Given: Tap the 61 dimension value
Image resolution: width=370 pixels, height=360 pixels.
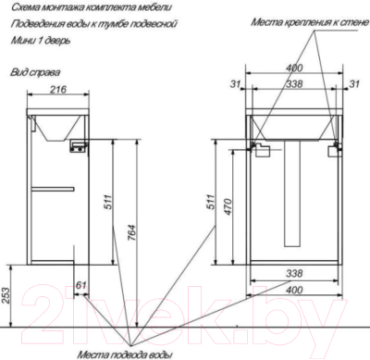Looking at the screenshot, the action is [81, 284].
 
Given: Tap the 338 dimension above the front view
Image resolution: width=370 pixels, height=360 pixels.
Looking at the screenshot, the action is [294, 84].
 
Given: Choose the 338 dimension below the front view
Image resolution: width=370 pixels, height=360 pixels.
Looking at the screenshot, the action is [294, 274].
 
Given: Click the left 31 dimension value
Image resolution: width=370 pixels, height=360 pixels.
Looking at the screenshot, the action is [234, 84].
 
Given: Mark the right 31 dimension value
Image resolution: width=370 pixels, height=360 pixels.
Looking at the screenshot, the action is [353, 84].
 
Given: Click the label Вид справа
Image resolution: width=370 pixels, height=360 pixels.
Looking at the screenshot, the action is [30, 70].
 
